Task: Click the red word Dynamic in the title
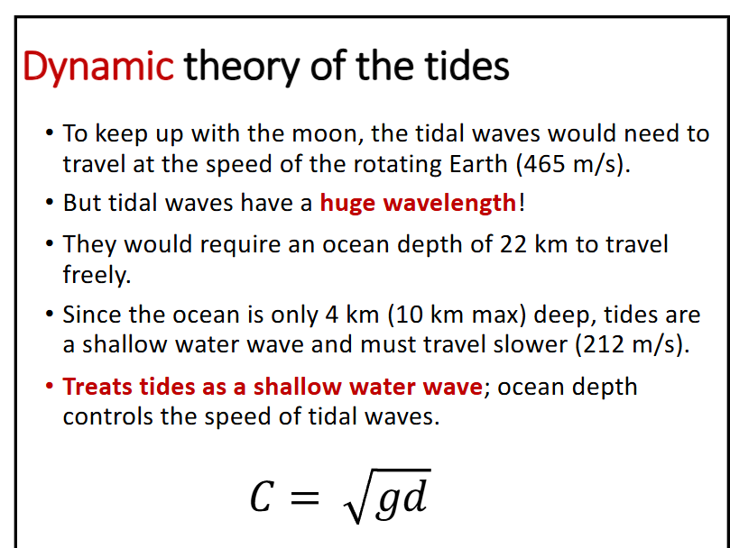(x=97, y=66)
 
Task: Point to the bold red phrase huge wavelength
(x=418, y=203)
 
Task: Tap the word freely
(x=96, y=275)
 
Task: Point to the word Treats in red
(x=97, y=387)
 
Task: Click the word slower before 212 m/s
(x=533, y=345)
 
